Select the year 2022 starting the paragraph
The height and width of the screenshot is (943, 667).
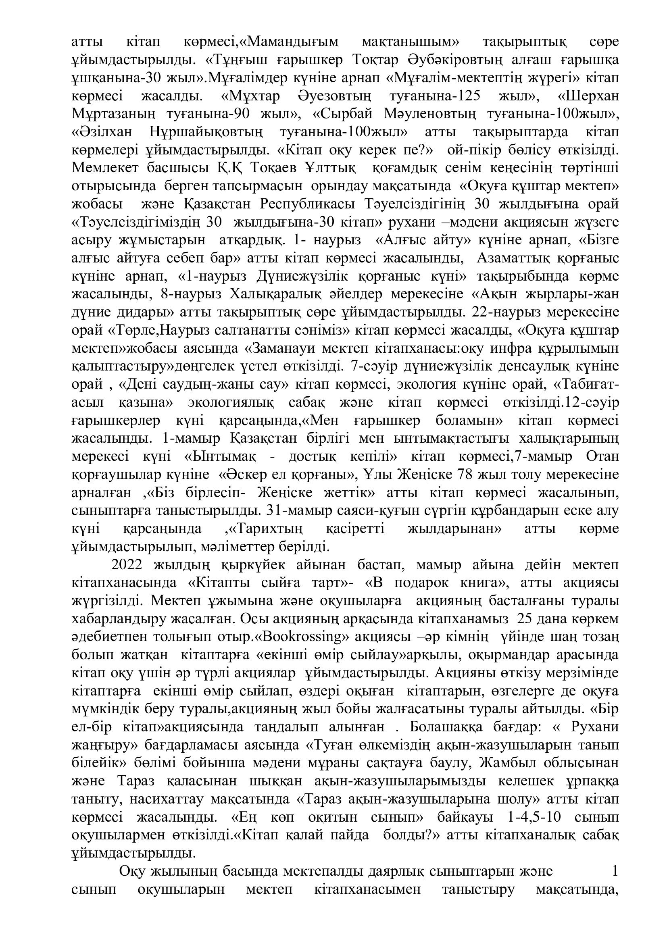click(127, 566)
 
